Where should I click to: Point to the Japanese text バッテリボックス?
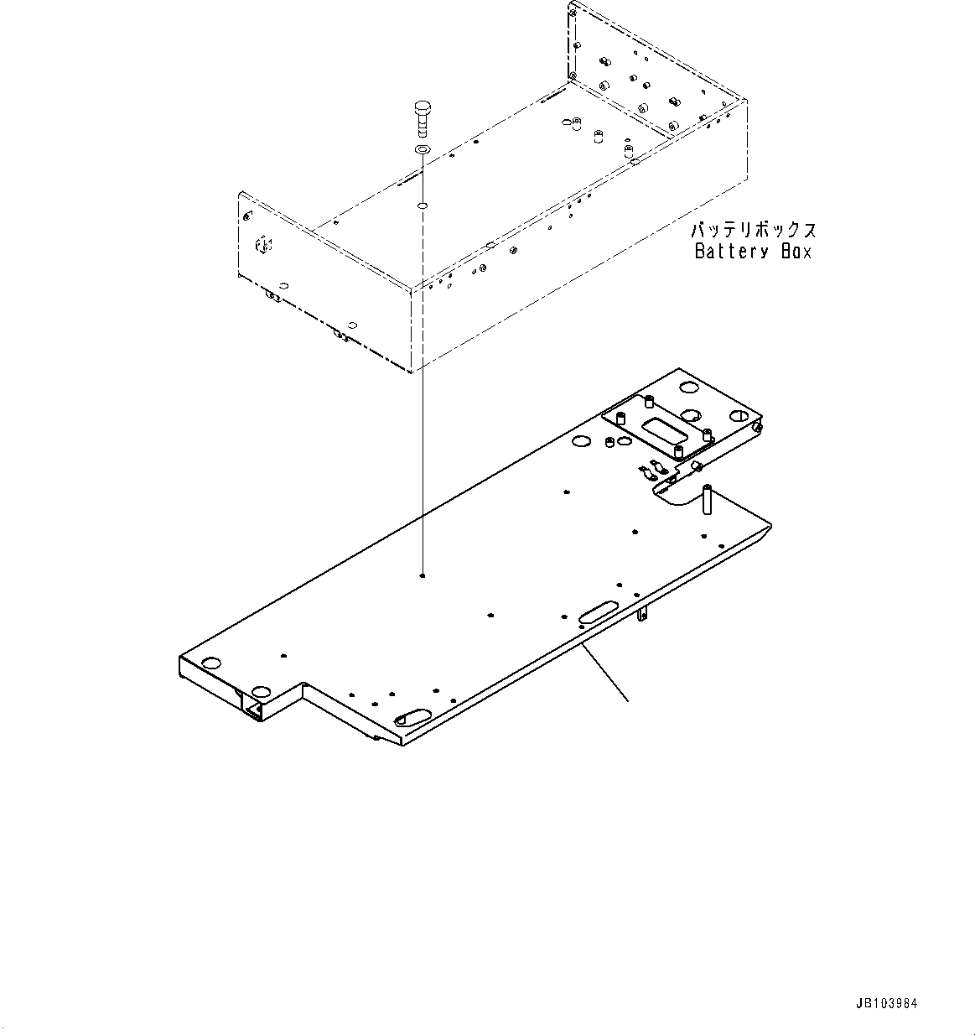point(753,230)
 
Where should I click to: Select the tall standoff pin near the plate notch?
point(707,500)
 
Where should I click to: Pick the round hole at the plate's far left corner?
point(210,663)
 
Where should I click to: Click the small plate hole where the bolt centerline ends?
point(423,576)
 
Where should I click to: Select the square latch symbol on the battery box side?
point(262,244)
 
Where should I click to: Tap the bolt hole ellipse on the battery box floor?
point(423,205)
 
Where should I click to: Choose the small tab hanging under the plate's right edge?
point(642,615)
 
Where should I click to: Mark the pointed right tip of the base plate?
point(770,527)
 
